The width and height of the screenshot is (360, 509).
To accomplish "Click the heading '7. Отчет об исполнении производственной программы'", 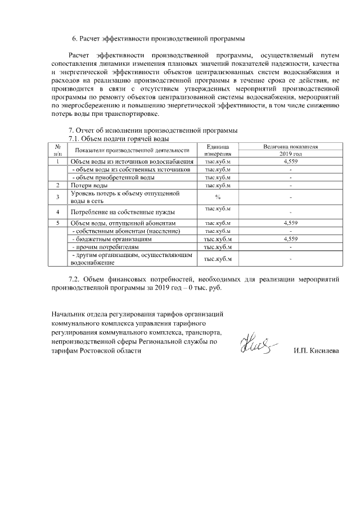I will point(152,130).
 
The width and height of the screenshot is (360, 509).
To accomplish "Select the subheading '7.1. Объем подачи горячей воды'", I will point(118,138).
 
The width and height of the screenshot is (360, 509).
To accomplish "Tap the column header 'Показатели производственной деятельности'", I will point(131,150).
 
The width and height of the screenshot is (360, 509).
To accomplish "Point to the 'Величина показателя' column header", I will point(290,146).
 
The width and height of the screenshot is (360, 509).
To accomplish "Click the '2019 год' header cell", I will point(290,154).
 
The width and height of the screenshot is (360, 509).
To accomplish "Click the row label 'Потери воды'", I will point(89,185).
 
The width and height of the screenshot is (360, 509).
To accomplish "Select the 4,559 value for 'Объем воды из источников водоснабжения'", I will point(290,161).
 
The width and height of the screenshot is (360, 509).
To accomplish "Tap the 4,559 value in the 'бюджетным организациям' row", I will point(290,239).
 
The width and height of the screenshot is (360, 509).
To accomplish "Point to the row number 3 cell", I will point(57,197).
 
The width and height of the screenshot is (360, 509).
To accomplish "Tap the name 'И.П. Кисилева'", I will point(317,350).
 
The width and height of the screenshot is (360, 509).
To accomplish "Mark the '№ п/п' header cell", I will point(57,150).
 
